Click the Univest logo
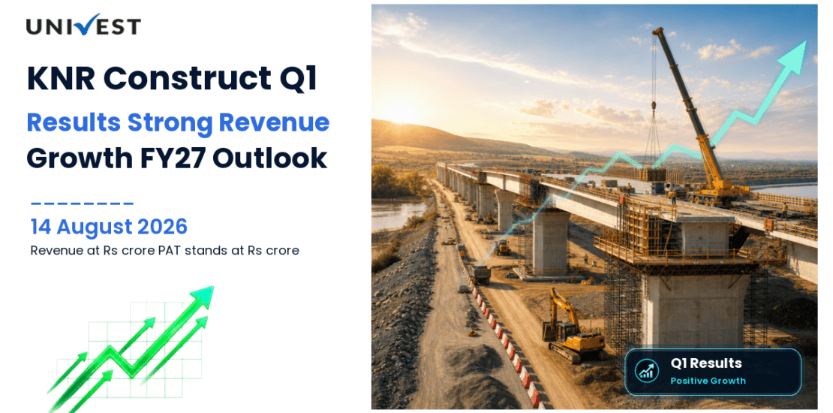click(83, 26)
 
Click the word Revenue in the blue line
click(275, 123)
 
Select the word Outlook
click(279, 158)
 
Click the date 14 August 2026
click(109, 227)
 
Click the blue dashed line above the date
click(82, 203)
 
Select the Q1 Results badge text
click(706, 363)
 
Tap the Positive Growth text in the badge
click(708, 381)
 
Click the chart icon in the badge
click(647, 372)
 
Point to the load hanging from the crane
click(652, 174)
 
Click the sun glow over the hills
click(403, 107)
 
